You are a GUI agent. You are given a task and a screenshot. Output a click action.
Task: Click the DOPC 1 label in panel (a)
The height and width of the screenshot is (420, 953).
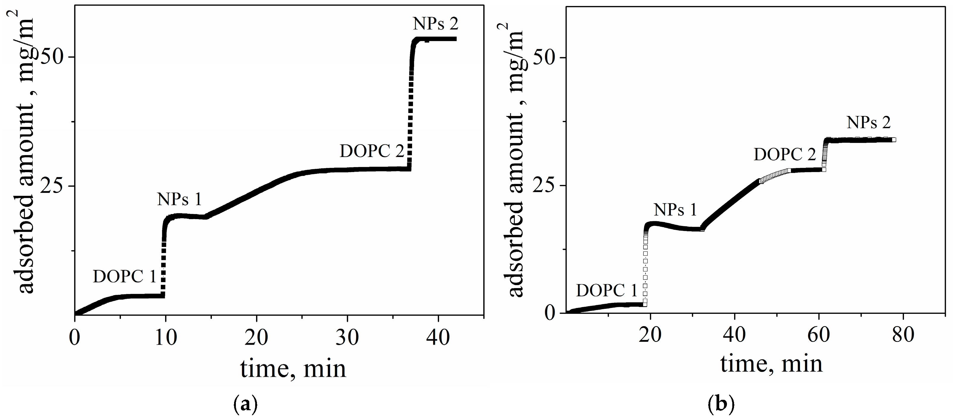[x=124, y=277]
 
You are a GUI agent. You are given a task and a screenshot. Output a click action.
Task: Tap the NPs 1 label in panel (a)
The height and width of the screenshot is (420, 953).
[x=179, y=199]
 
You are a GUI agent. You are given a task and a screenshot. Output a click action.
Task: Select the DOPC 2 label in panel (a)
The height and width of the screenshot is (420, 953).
[x=372, y=151]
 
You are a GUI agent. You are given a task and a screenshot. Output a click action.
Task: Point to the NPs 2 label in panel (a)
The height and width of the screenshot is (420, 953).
[x=436, y=24]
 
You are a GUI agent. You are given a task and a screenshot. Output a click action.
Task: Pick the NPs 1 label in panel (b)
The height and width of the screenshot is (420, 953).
[x=675, y=210]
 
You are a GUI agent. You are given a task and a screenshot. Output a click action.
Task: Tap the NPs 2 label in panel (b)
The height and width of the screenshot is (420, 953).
[x=869, y=123]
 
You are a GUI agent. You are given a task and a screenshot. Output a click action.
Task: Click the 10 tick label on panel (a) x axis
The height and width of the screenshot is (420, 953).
[x=165, y=338]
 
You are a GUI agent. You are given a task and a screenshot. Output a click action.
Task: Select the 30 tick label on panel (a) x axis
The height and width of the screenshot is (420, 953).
[x=347, y=338]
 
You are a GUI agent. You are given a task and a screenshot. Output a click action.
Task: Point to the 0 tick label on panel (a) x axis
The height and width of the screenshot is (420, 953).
[x=75, y=338]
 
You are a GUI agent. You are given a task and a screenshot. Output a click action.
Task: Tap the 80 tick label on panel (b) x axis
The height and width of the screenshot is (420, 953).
[x=903, y=335]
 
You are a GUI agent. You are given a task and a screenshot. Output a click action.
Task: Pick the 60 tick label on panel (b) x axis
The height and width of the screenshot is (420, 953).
[x=819, y=335]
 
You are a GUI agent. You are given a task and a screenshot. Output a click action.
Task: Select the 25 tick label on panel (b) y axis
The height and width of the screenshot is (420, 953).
[x=544, y=185]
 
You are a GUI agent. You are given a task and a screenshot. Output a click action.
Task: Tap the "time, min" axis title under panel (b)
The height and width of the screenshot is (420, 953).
[x=771, y=364]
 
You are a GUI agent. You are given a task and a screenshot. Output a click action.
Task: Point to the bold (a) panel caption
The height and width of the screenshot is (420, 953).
[x=245, y=405]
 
